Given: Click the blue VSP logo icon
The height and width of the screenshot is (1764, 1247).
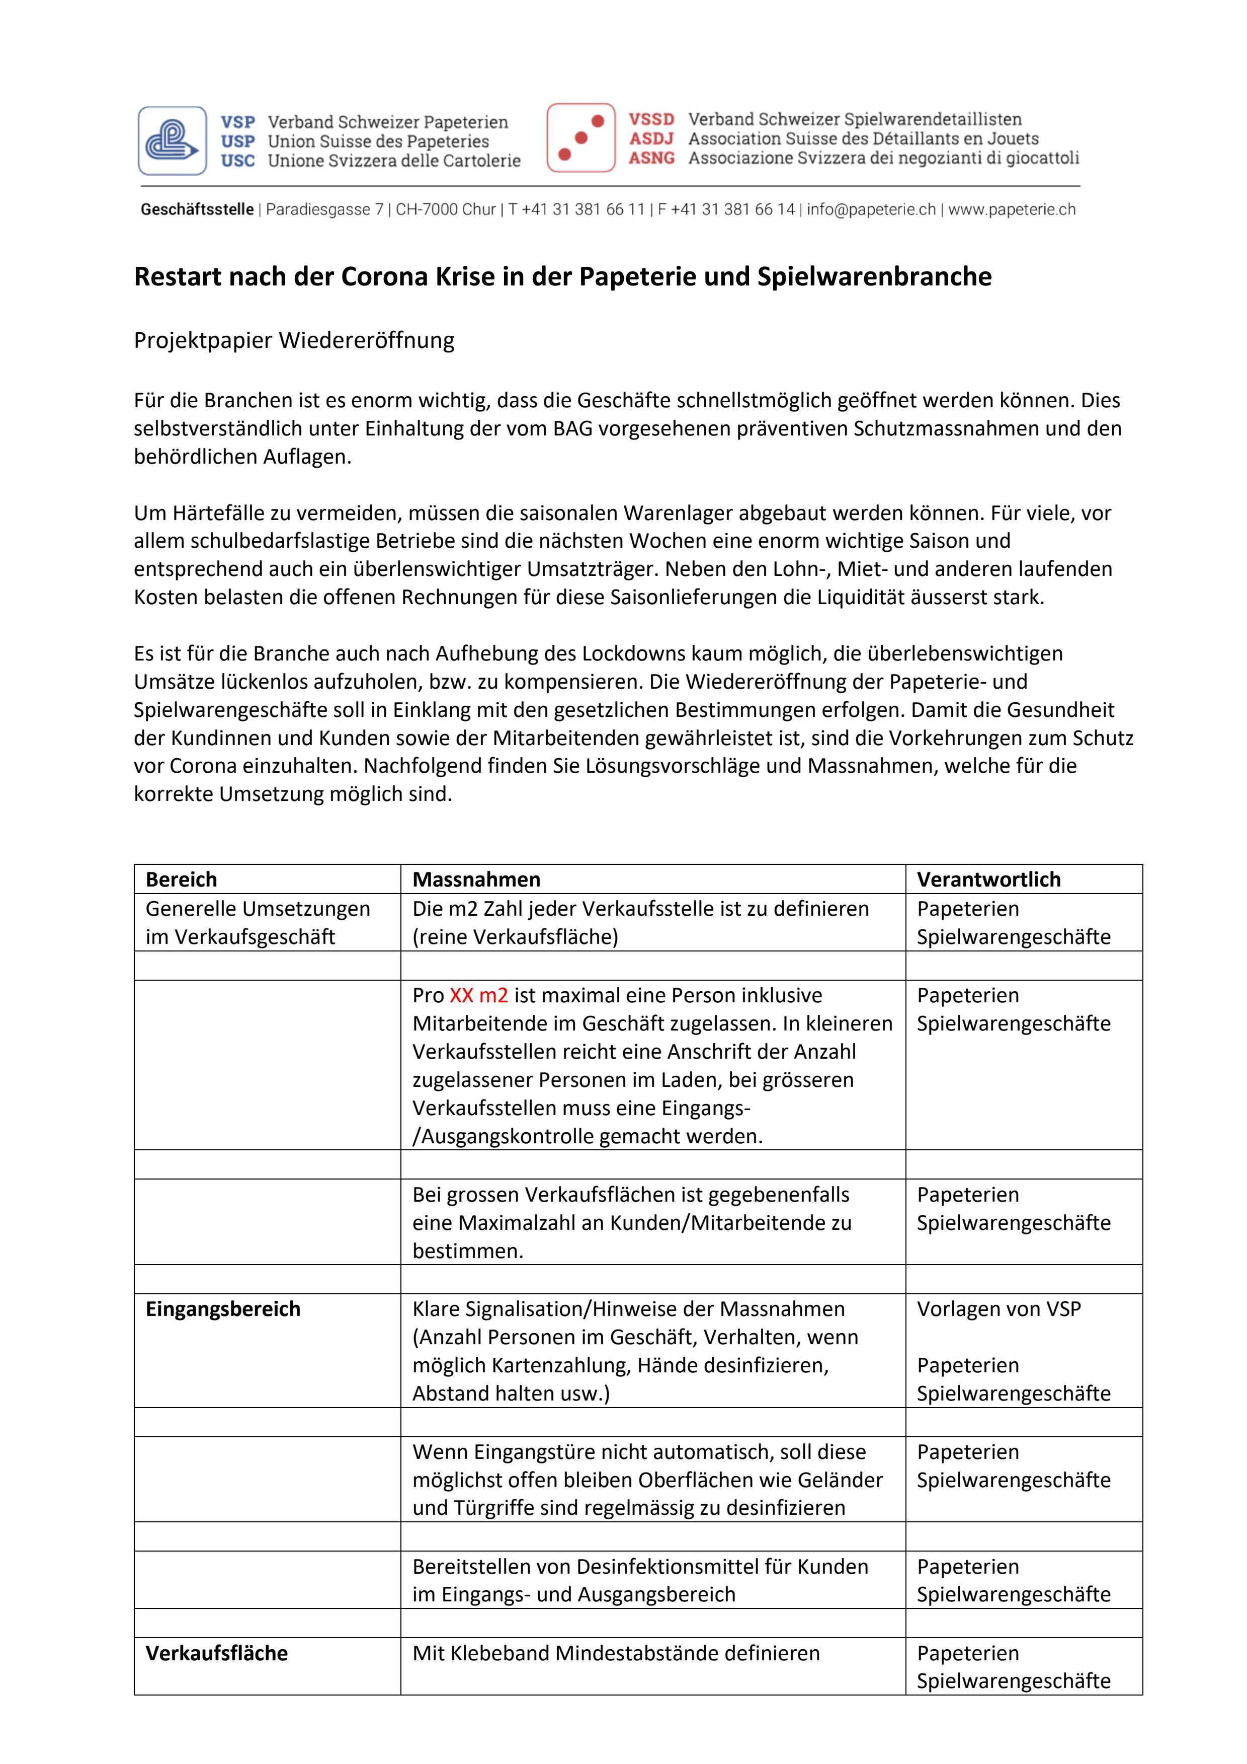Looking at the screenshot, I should pos(173,140).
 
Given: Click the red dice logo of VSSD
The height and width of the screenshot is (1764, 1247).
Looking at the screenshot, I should pos(581,137).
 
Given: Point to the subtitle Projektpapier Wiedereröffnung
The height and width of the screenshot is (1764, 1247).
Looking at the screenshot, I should pos(294,340).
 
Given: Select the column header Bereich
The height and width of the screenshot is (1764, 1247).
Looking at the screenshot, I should pos(181,879).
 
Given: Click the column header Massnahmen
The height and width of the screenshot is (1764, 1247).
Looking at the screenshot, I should pos(476,879).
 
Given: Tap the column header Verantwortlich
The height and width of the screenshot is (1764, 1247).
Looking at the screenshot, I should pos(988,879).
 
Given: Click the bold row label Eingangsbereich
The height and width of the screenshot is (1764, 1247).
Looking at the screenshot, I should pos(223,1309).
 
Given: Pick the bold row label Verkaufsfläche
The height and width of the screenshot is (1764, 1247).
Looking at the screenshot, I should pos(216,1653).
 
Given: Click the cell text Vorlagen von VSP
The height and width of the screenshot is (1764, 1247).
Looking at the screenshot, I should pos(998,1309).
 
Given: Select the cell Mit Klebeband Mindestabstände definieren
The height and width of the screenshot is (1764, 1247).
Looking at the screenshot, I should pos(616,1653).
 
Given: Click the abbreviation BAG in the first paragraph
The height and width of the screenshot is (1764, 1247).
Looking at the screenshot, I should pos(572,429).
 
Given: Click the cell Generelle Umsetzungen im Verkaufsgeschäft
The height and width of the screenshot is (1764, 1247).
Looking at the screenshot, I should pos(257,922).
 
